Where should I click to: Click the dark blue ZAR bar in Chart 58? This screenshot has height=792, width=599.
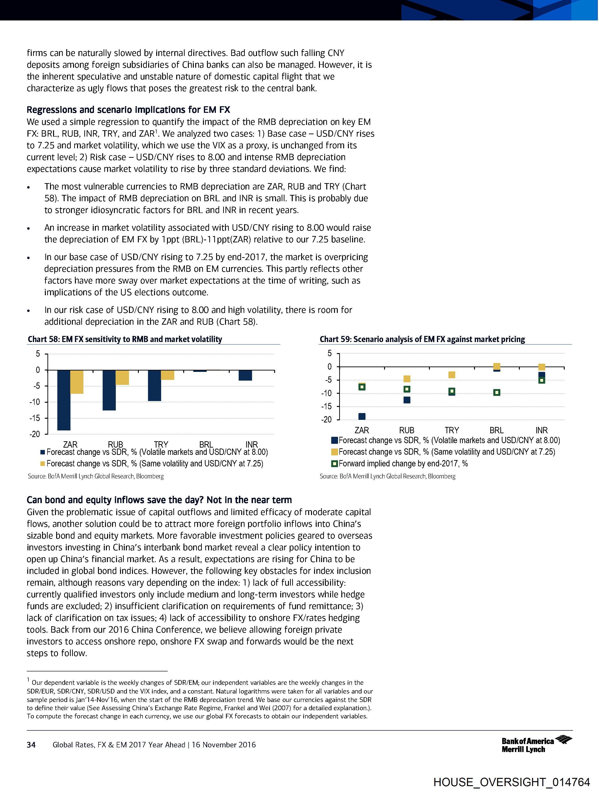[64, 400]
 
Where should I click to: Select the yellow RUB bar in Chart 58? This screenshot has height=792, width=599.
[122, 377]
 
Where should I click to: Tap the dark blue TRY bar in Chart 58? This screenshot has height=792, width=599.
[154, 385]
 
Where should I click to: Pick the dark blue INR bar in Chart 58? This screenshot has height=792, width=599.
[245, 375]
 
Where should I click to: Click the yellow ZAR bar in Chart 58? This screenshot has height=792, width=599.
[77, 382]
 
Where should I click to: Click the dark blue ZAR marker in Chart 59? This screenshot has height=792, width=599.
[362, 416]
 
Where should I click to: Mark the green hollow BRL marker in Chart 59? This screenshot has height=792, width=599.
[497, 392]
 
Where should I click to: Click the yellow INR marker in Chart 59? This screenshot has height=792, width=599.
[542, 367]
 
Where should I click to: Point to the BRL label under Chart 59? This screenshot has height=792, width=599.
[496, 430]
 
